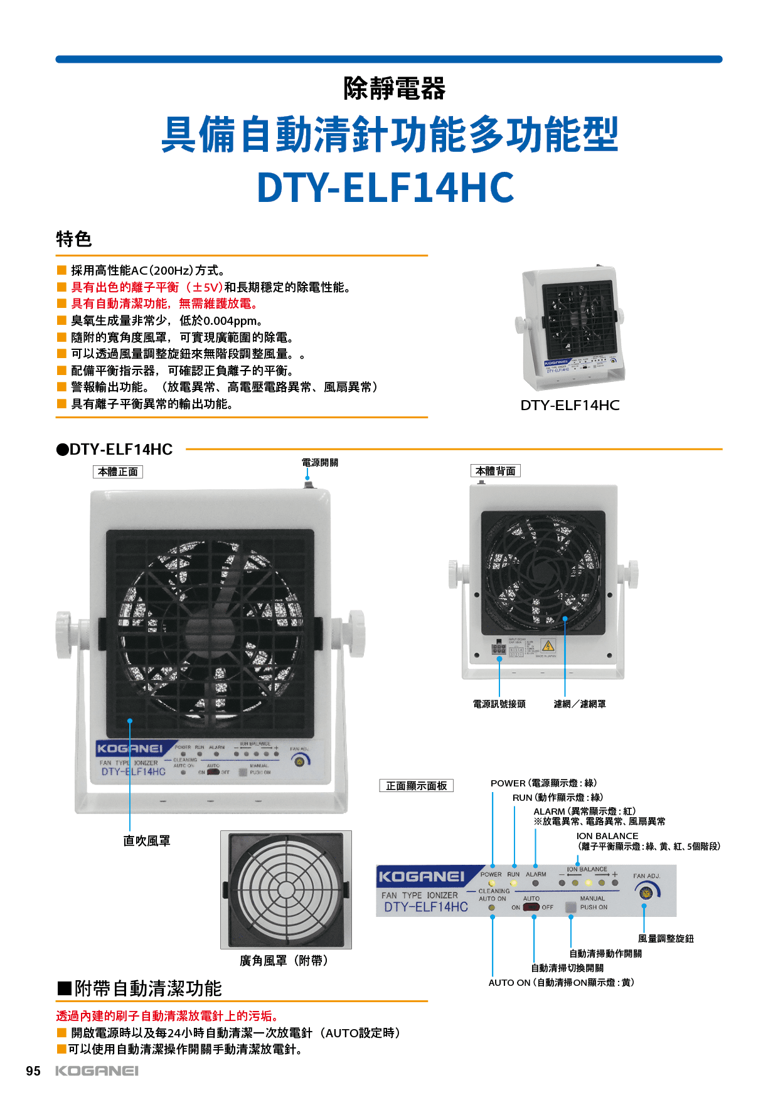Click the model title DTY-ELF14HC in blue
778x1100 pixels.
pos(385,188)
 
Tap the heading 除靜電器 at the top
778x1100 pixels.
pos(394,88)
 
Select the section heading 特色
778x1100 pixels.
pos(74,239)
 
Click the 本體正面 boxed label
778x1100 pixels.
pos(118,472)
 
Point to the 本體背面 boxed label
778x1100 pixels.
pos(495,471)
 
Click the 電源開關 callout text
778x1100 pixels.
pos(319,462)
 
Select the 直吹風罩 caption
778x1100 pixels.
pos(147,841)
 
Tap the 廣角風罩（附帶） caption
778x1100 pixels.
pos(284,961)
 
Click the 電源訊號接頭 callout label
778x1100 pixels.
pos(499,704)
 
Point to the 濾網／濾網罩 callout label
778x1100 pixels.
pos(580,704)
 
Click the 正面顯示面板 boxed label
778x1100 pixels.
pos(416,786)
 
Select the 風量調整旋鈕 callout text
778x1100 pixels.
pos(666,939)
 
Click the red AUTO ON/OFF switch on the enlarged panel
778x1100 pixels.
pos(531,907)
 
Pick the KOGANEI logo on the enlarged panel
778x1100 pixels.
pos(421,877)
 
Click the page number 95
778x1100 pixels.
pos(33,1071)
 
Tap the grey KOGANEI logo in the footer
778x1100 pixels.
pos(97,1071)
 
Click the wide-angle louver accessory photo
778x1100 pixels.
pos(285,889)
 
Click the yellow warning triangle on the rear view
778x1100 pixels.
pos(548,646)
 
